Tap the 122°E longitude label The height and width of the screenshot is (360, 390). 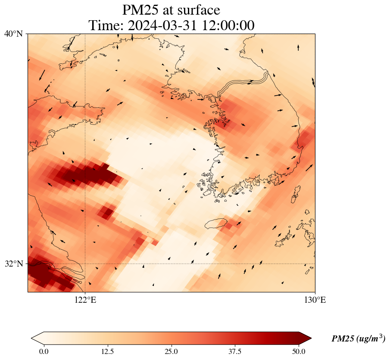(85, 300)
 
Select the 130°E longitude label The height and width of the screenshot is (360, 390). (315, 300)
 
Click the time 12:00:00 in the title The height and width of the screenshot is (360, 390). (227, 25)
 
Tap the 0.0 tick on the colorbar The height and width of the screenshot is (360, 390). (44, 351)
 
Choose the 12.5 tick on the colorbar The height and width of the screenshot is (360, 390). (107, 351)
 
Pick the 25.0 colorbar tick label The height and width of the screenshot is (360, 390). (171, 351)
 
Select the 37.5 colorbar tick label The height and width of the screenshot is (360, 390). (235, 351)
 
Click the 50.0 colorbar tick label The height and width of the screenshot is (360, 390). (299, 351)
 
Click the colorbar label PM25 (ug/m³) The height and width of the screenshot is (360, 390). (358, 339)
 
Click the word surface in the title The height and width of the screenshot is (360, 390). (200, 10)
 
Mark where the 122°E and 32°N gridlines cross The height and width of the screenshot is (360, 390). (85, 264)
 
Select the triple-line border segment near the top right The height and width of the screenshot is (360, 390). (243, 84)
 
